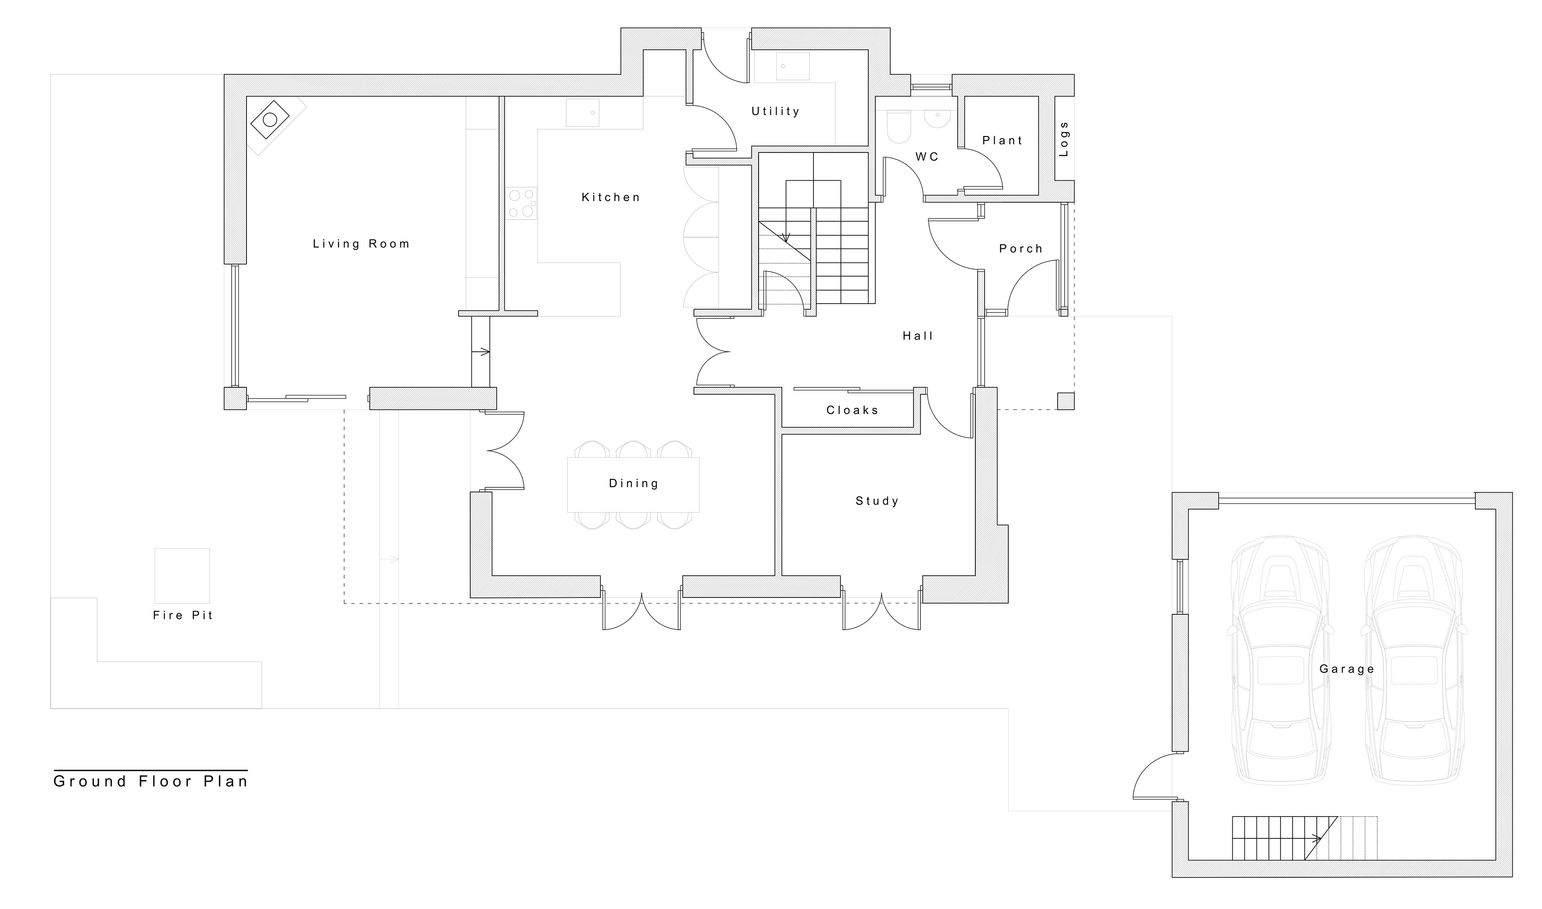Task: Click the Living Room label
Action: pos(361,244)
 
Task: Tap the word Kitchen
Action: pos(611,197)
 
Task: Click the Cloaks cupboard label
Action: pos(852,410)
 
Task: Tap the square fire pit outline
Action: pos(182,576)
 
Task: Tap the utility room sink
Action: pos(792,66)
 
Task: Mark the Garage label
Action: pos(1346,669)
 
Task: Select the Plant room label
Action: pos(1002,141)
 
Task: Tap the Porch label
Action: pos(1021,249)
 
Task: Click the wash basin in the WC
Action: pos(937,120)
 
